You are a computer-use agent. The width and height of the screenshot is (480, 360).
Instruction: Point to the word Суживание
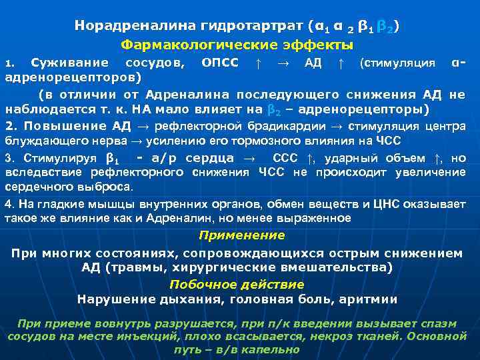70,64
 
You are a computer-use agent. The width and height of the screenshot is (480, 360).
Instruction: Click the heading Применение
241,235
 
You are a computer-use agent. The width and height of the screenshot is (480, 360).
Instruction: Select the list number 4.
8,205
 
